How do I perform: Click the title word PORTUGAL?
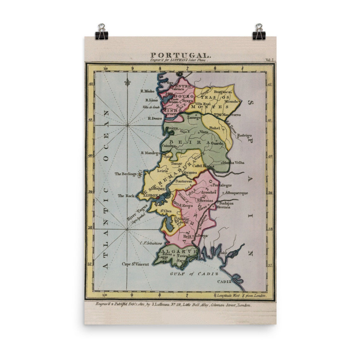click(180, 55)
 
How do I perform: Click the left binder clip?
click(102, 31)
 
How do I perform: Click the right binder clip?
click(259, 31)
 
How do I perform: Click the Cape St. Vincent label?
click(136, 264)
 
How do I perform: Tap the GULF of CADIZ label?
click(194, 274)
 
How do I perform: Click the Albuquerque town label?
click(237, 193)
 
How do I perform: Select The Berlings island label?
click(126, 174)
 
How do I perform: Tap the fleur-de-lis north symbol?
click(128, 82)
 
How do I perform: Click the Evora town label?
click(187, 205)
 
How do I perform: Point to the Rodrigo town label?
click(244, 135)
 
